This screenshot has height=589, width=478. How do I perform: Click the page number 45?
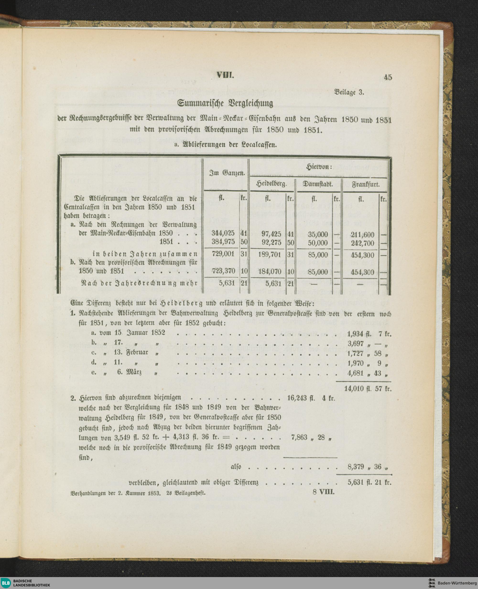(388, 77)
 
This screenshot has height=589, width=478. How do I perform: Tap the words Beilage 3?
(349, 92)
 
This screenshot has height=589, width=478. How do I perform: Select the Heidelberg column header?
(271, 184)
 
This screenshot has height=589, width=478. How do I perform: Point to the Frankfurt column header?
(365, 184)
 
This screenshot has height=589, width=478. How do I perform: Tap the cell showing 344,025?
(223, 233)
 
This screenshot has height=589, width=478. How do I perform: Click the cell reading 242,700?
(362, 243)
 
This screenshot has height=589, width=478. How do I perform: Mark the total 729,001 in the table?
(223, 254)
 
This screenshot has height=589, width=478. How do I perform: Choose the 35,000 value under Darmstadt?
(318, 234)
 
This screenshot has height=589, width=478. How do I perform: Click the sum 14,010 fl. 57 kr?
(368, 389)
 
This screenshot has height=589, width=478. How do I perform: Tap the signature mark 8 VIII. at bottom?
(323, 492)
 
